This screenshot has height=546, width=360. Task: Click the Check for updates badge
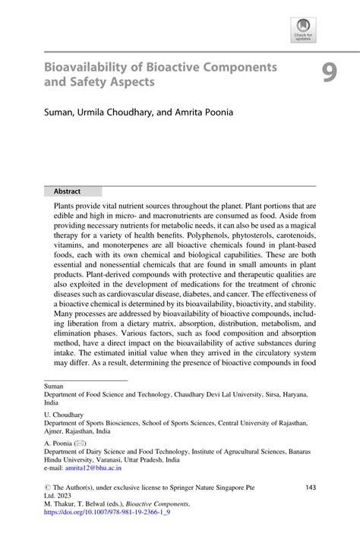coord(303,30)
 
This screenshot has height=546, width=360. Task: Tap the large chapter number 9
coord(328,72)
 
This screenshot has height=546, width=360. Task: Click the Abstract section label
coord(68,191)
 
